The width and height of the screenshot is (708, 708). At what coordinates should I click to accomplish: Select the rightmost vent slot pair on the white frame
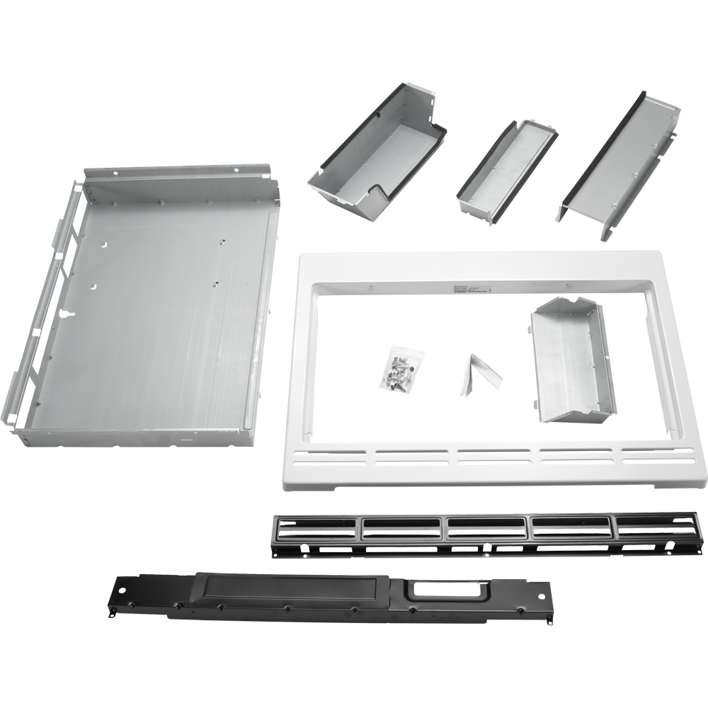coord(656,455)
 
